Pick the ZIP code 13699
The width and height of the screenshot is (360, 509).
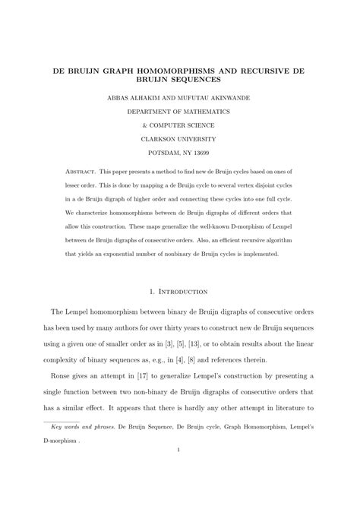[207, 153]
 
